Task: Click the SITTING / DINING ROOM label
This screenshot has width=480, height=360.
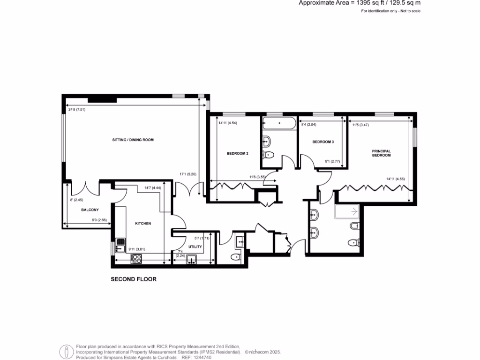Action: point(133,140)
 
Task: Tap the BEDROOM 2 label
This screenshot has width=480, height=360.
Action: point(237,153)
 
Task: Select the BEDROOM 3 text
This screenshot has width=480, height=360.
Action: point(323,142)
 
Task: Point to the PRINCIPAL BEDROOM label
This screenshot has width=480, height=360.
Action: point(381,153)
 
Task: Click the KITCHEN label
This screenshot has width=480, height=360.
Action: point(143,224)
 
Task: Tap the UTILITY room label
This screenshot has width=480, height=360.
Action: point(195,246)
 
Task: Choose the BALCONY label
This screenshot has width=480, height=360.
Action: point(89,210)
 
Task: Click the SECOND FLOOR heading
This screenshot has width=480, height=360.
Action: point(133,279)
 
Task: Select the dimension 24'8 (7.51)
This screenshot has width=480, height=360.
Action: point(77,109)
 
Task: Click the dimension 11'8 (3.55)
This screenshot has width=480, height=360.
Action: point(258,177)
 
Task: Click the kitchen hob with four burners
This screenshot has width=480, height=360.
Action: point(136,258)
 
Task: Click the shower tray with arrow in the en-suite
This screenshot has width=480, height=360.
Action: point(347,212)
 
